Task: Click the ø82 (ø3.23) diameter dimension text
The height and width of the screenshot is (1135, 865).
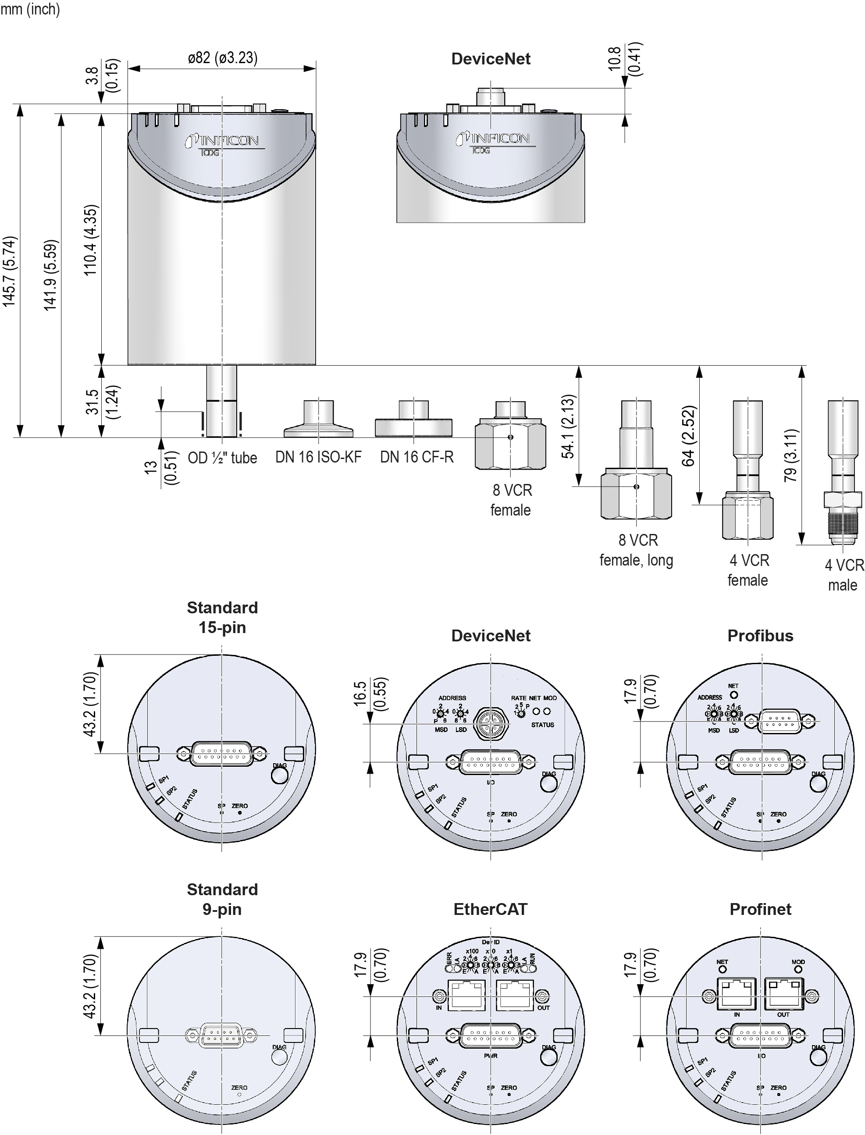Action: click(x=222, y=58)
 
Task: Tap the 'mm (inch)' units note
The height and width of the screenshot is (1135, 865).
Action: click(x=30, y=9)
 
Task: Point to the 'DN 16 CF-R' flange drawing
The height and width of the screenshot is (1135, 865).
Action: click(x=413, y=421)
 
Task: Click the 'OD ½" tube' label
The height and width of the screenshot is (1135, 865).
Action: click(x=222, y=458)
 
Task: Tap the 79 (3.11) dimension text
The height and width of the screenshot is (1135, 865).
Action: click(x=790, y=455)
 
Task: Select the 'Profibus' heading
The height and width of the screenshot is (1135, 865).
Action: click(x=760, y=636)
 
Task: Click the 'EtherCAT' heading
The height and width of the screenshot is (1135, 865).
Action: click(x=490, y=909)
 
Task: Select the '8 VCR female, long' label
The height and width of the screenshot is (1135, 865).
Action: click(x=637, y=550)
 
